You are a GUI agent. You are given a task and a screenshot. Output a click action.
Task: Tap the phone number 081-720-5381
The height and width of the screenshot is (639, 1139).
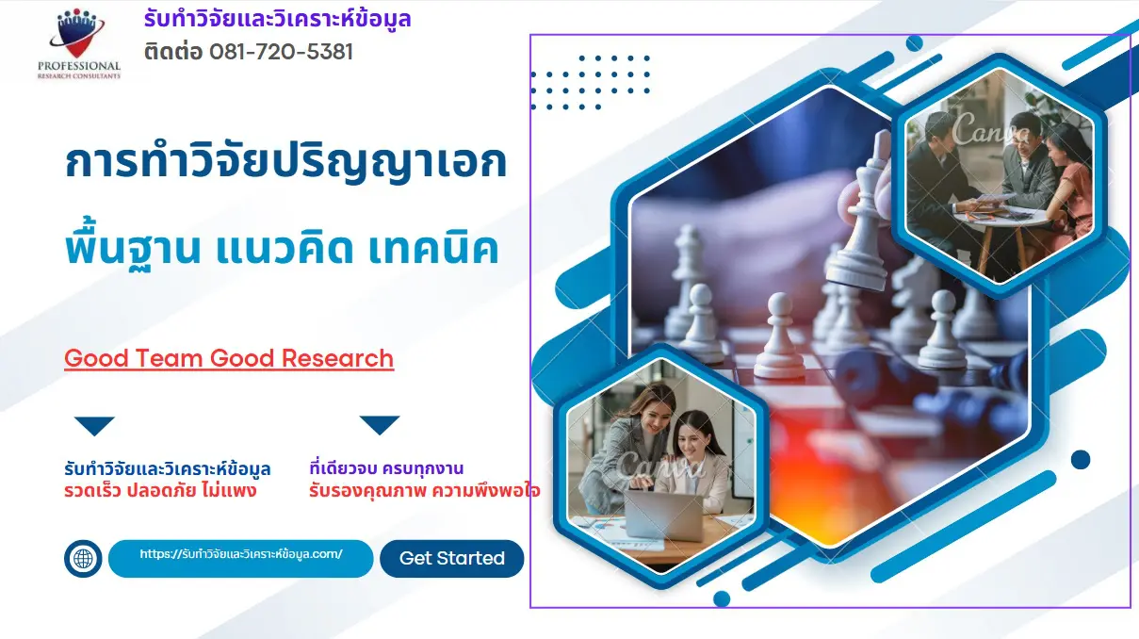pos(281,53)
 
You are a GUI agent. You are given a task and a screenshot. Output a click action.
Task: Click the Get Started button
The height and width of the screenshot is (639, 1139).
pos(451,559)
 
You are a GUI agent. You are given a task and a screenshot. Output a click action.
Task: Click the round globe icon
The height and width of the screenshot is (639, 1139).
pos(83,559)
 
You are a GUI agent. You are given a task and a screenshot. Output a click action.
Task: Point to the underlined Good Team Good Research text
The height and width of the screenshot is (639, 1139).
pos(229,359)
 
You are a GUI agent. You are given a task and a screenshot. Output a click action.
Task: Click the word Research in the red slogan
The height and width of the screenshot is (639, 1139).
pos(337,358)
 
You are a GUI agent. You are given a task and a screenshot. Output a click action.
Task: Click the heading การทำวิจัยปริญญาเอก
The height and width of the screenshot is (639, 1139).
pos(285,162)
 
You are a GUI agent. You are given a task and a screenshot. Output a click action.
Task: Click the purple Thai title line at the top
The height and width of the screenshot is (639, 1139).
pos(277,19)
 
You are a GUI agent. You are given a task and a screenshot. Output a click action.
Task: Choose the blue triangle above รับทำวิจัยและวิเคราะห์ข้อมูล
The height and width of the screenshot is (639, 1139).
pos(94,425)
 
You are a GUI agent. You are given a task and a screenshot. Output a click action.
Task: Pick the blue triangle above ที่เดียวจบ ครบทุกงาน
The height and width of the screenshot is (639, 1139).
pos(379,425)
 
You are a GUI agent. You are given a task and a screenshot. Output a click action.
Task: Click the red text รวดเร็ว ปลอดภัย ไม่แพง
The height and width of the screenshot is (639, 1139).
pos(160,491)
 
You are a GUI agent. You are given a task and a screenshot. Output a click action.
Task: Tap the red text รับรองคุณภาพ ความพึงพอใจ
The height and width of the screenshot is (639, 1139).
pos(424,491)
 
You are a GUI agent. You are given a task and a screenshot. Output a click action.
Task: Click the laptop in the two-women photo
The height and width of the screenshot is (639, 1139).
pos(664,515)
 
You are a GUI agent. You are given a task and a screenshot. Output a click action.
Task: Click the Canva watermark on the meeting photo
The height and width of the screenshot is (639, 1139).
pos(991,133)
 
